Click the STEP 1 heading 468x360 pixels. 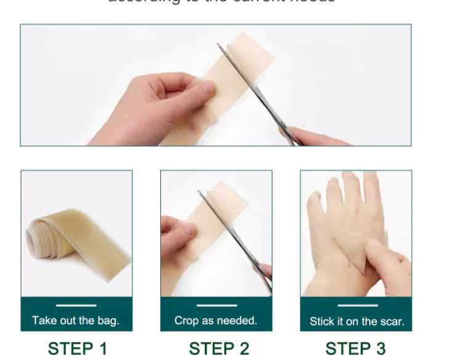tap(77, 348)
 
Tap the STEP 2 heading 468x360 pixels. tap(219, 348)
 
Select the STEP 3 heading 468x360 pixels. tap(355, 348)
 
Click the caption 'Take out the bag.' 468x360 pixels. tap(76, 321)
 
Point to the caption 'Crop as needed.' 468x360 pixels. tap(216, 321)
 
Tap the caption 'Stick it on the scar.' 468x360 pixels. tap(357, 321)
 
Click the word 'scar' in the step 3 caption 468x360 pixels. tap(393, 321)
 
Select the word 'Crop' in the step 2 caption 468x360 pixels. tap(186, 321)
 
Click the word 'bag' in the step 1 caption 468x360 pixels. tap(108, 321)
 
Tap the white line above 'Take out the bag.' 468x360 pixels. tap(76, 305)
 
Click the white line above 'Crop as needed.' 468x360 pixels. tap(216, 305)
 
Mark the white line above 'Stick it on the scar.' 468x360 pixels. tap(357, 305)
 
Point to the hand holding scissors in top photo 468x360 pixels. tap(314, 136)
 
